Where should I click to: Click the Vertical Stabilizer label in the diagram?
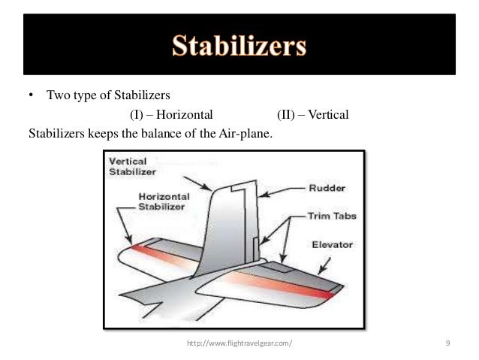click(133, 166)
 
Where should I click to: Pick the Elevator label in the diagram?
click(334, 245)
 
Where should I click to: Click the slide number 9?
click(447, 343)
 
